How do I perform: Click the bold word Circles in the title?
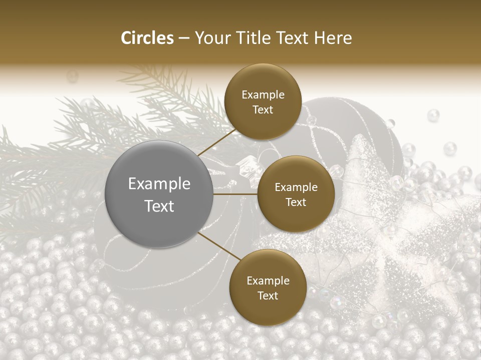click(x=147, y=38)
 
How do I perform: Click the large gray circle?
click(x=159, y=194)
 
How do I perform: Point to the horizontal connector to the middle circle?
click(x=235, y=194)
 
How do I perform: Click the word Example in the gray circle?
click(x=159, y=184)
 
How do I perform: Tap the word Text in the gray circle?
click(x=159, y=206)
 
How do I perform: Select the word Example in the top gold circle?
click(x=263, y=95)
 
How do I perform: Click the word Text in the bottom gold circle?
click(x=268, y=296)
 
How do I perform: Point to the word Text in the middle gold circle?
click(x=296, y=202)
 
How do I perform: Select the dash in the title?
click(x=184, y=38)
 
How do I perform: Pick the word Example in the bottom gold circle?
click(x=268, y=281)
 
